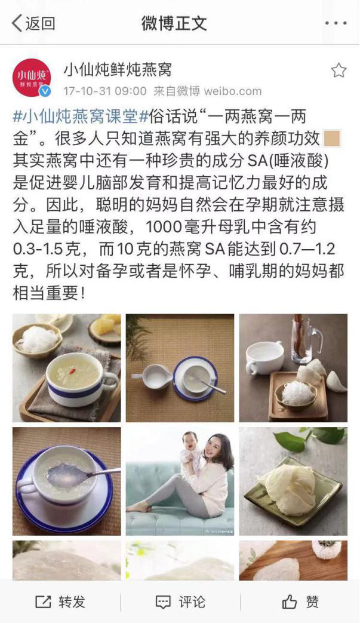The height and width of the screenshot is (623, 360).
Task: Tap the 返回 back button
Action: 33,23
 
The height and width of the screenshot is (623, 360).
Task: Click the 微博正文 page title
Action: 174,23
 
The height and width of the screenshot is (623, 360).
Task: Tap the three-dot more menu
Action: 336,23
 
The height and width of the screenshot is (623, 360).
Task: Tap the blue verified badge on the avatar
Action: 45,91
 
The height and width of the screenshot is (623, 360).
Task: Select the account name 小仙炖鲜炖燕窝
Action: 118,70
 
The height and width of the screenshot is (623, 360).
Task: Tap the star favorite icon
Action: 339,70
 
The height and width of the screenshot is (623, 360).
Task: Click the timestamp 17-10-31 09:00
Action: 105,91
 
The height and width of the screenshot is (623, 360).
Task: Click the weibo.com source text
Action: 233,91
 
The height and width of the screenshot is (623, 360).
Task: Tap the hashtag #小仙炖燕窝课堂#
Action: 81,117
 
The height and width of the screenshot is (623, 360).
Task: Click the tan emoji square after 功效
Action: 332,138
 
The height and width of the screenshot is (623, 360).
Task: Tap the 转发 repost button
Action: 60,601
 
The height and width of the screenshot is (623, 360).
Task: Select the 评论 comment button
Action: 180,601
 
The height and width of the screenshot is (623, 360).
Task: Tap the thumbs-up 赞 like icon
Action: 290,602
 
